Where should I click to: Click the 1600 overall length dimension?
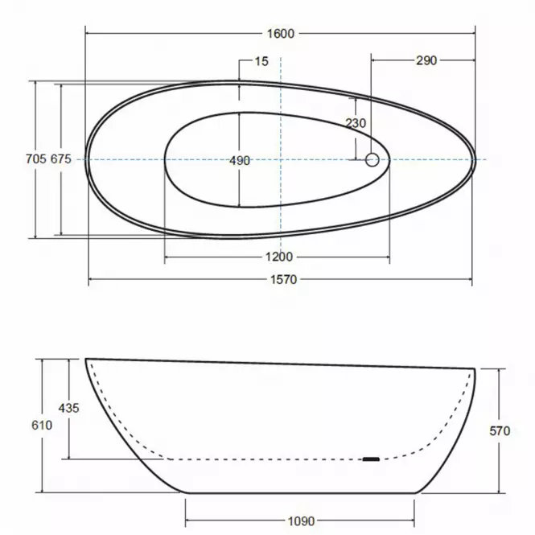280,34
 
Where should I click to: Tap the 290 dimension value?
426,60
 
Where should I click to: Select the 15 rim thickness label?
261,61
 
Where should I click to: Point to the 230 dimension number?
356,123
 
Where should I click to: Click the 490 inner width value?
240,160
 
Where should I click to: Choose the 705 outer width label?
36,158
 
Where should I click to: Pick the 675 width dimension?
61,158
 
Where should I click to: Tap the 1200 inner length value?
279,257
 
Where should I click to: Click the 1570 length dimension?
283,280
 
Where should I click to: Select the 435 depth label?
68,408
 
